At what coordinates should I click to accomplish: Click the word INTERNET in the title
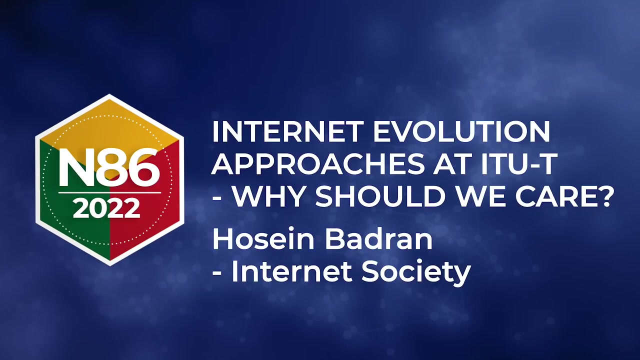[287, 131]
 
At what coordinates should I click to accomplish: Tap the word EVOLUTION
[461, 131]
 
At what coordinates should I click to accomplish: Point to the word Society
[416, 272]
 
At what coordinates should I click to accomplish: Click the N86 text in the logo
[109, 168]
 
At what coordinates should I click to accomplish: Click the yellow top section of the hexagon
[109, 125]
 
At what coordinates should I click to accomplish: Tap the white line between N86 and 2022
[109, 193]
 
